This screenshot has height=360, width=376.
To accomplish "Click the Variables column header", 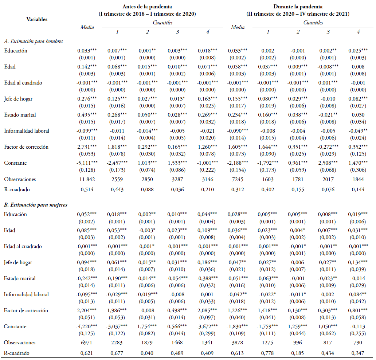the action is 37,19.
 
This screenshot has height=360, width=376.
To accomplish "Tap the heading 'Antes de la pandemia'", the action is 147,7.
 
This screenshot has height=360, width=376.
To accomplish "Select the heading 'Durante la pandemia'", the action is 298,7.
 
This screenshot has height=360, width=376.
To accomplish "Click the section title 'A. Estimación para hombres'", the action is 34,41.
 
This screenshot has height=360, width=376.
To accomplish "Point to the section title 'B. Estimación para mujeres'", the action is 35,205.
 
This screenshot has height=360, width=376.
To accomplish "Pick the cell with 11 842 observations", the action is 87,179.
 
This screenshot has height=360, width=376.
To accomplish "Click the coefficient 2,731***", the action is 87,147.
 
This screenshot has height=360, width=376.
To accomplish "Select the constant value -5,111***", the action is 87,163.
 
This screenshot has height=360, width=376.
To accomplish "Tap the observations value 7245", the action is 238,179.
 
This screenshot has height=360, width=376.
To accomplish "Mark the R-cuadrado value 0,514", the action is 87,189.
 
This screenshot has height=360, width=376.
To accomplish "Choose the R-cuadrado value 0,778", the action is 267,353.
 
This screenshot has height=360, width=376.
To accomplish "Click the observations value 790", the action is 357,343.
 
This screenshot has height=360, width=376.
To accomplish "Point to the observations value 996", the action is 297,343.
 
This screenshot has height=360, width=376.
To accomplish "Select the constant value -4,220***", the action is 87,326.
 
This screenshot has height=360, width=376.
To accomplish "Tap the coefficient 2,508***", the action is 328,163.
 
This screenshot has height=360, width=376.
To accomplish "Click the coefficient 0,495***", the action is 87,115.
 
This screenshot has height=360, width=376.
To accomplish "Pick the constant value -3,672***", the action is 207,326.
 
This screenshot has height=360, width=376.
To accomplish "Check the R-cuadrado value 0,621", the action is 87,353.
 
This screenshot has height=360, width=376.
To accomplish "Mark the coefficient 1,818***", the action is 117,147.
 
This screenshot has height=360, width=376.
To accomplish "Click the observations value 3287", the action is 177,179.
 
